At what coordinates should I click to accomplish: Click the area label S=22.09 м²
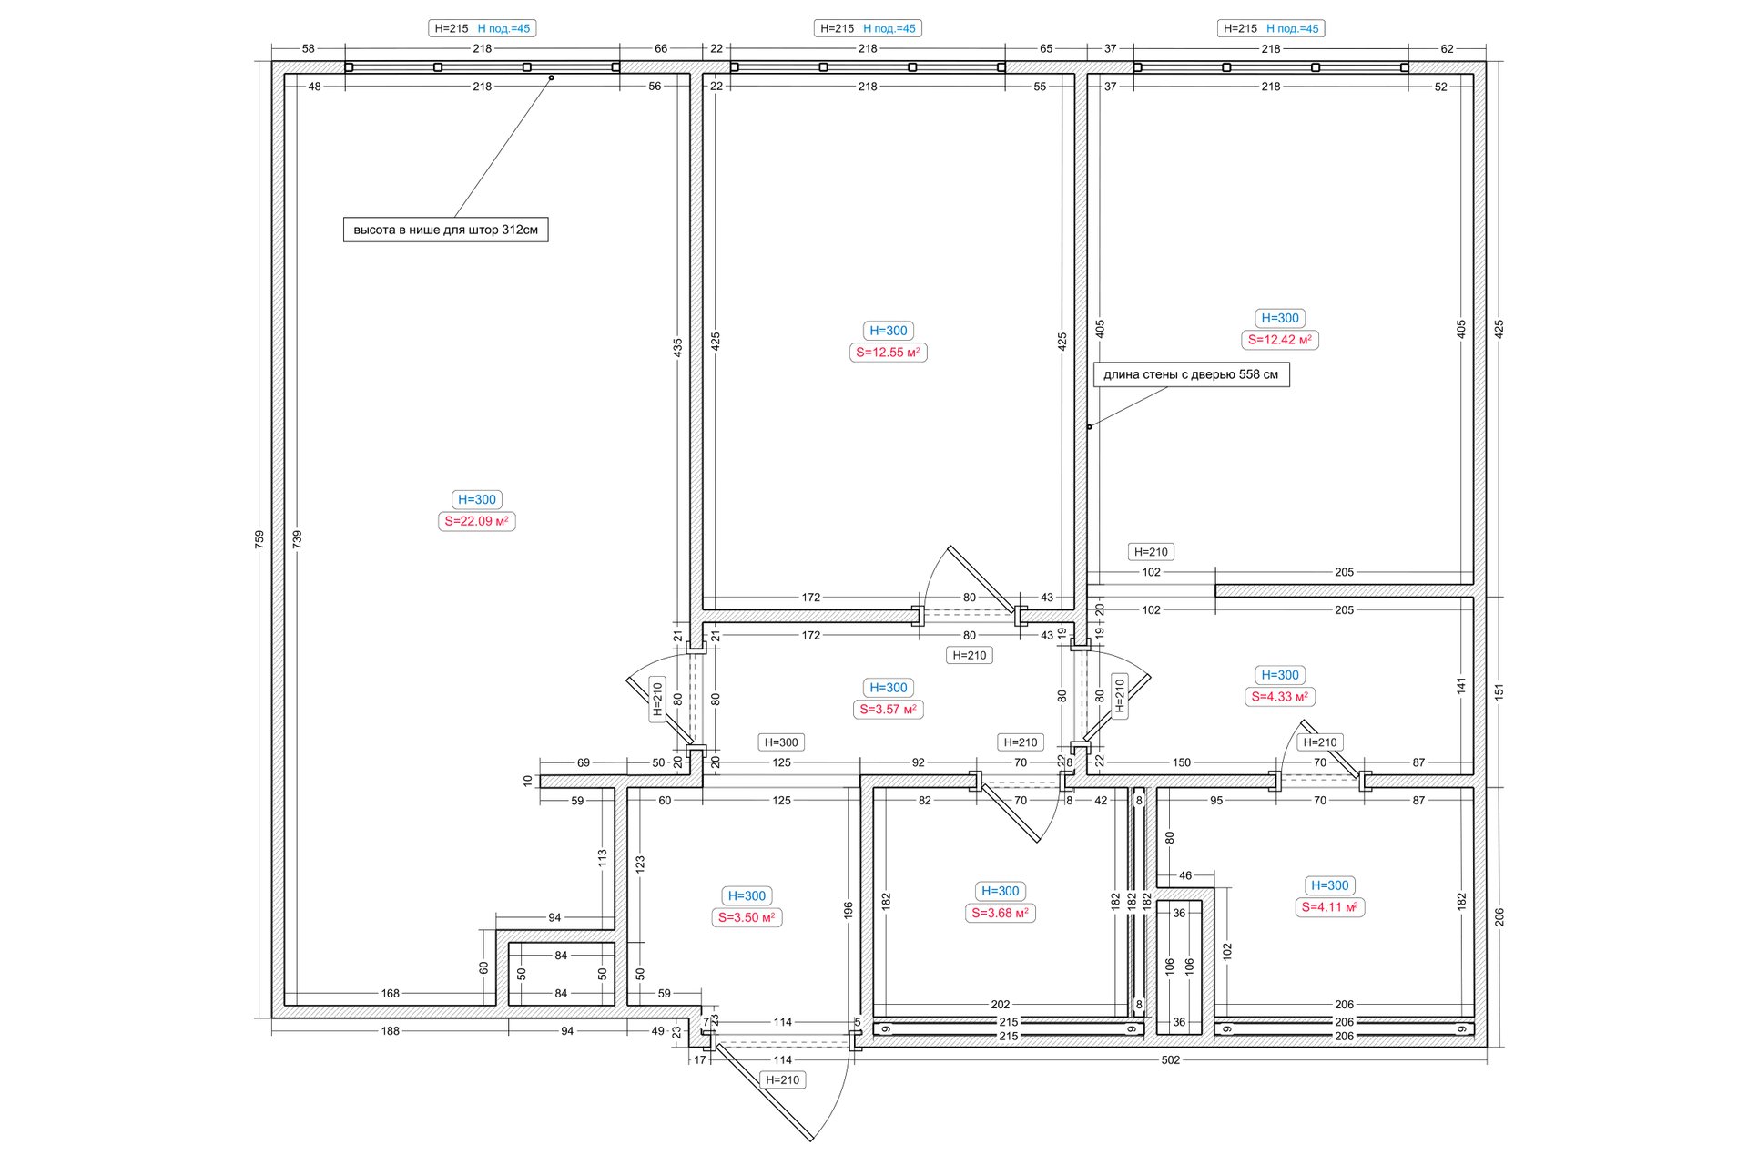477,521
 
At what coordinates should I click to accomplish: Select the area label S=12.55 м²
889,353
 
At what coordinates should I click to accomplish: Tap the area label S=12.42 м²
1280,340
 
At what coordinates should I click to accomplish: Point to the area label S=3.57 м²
889,710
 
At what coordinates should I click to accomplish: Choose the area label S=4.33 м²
1280,697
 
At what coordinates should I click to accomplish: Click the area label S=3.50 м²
747,917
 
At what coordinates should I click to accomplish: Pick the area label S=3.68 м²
1001,913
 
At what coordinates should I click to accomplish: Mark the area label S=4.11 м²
1329,907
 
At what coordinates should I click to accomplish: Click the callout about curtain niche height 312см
446,230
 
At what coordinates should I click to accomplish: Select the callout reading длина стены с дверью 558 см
1191,374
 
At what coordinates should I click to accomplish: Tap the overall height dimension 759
259,539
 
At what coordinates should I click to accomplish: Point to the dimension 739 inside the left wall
298,539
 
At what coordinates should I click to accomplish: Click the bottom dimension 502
1171,1060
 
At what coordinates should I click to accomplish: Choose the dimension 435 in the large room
678,347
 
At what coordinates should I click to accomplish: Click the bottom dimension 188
391,1031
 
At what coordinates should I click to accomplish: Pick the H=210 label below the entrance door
783,1080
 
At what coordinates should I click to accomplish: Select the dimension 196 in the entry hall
849,910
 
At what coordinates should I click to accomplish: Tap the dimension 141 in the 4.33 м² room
1461,686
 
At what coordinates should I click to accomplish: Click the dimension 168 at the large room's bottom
391,994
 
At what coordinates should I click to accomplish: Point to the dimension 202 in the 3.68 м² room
1001,1005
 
